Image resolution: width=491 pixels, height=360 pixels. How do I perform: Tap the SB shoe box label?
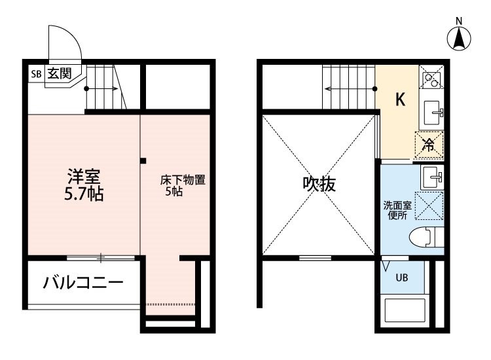click(36, 74)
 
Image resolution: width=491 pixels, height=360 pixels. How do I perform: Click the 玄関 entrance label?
click(60, 73)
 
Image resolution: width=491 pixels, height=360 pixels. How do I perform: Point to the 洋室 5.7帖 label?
click(84, 185)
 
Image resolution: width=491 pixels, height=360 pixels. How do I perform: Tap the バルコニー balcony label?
click(83, 283)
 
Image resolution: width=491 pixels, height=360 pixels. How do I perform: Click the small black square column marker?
click(143, 161)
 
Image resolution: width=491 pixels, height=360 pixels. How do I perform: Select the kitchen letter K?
click(400, 100)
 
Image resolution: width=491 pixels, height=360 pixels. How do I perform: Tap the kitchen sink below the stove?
click(433, 113)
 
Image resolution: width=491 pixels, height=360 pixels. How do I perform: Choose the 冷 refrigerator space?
click(429, 145)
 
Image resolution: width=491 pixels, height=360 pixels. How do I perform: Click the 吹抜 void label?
click(319, 184)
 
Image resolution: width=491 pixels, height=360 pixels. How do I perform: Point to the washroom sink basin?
click(432, 177)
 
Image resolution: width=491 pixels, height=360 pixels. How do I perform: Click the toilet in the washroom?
click(426, 238)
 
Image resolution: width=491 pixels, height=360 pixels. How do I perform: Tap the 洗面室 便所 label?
click(397, 210)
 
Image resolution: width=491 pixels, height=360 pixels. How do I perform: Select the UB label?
click(402, 278)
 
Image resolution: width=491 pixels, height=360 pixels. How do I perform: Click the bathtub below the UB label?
click(405, 310)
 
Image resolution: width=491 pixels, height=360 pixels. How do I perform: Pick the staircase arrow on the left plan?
click(101, 89)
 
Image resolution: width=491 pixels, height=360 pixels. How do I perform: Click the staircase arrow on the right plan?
click(351, 89)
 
